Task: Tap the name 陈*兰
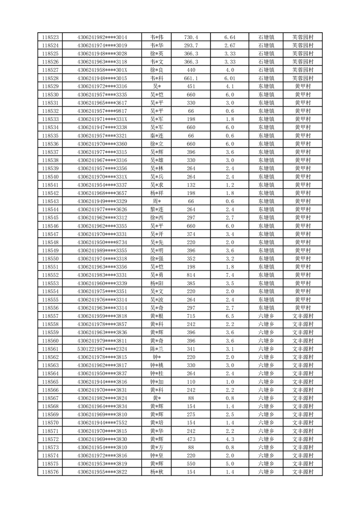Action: [157, 349]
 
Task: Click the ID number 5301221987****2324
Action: [102, 349]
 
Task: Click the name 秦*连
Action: [157, 136]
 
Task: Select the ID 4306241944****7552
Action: [102, 423]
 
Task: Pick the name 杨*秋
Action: [157, 472]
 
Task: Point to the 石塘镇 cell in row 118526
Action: [266, 62]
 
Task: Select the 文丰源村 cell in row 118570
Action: [303, 423]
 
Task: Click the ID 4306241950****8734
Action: [102, 242]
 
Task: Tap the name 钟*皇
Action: [157, 455]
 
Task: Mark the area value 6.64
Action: [229, 37]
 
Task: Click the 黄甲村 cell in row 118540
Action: [303, 176]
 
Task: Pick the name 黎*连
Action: [157, 209]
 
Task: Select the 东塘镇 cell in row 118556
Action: [266, 308]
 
